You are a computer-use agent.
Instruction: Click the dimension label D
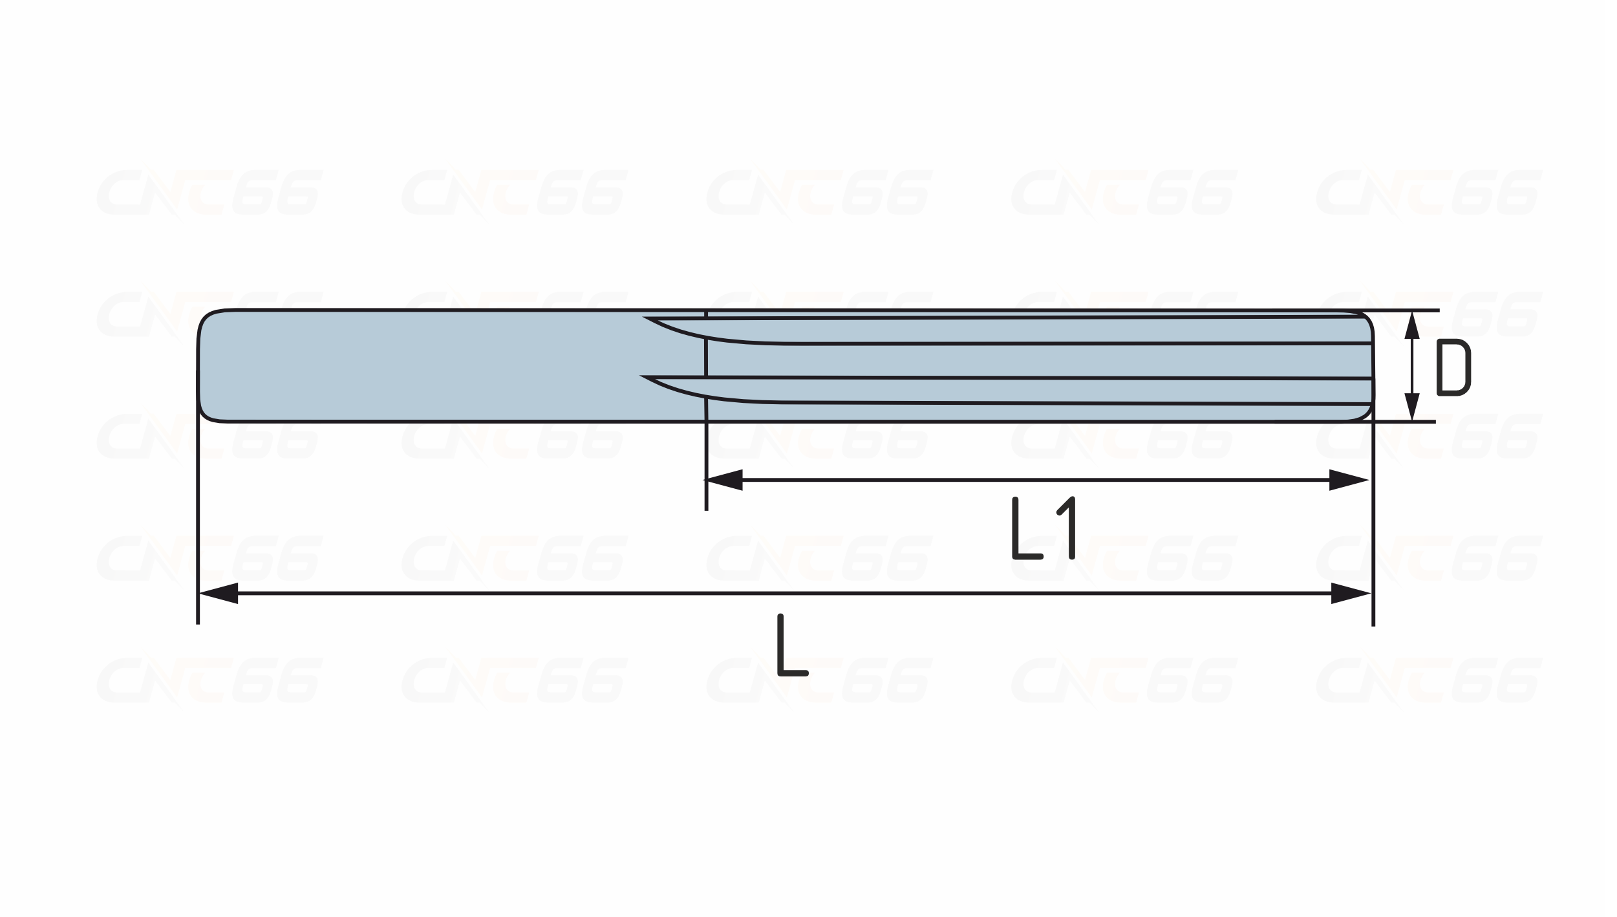click(x=1453, y=367)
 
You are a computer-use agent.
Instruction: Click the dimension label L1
click(x=1044, y=528)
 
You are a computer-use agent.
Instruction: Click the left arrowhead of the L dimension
click(x=219, y=593)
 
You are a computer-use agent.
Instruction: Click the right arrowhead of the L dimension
click(x=1351, y=593)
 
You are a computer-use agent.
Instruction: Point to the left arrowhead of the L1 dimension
click(x=723, y=480)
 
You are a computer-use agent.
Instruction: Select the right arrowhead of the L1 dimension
click(x=1349, y=480)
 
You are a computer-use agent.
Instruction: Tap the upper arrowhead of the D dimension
click(x=1412, y=326)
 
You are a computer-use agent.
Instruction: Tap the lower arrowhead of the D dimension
click(x=1412, y=407)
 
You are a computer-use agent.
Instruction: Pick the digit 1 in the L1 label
click(x=1066, y=528)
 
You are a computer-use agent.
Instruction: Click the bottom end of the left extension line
click(x=198, y=624)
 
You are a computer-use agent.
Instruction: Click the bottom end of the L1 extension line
click(x=706, y=510)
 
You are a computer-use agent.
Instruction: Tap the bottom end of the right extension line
click(x=1373, y=625)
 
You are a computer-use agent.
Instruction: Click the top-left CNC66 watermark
click(x=209, y=192)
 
